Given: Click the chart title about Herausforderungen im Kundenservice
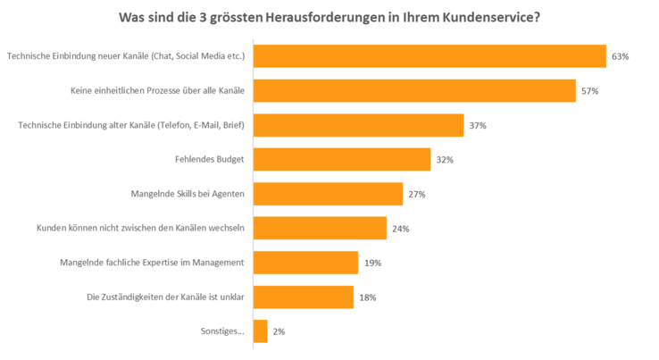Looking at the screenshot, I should (x=329, y=17).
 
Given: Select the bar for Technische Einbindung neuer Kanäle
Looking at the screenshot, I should (x=430, y=56).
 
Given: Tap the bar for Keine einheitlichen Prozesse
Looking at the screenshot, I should (x=414, y=91).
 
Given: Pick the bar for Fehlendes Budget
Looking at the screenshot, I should (x=342, y=160).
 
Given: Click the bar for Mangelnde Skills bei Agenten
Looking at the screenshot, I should (x=328, y=194).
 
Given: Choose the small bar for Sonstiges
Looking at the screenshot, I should (x=261, y=331).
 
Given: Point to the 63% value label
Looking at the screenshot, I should (x=621, y=56).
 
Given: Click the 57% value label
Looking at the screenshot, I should (x=589, y=91).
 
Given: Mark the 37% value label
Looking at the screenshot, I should (x=478, y=126).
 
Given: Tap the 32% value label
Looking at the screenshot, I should (x=445, y=160).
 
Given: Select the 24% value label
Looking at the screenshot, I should (x=400, y=229).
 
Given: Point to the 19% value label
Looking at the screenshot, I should (x=372, y=263).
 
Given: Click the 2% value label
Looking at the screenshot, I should (x=279, y=331).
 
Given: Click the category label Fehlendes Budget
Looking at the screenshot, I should (x=210, y=160).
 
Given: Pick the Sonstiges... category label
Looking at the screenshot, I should (x=221, y=331).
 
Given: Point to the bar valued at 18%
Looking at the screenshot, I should (x=304, y=297).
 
